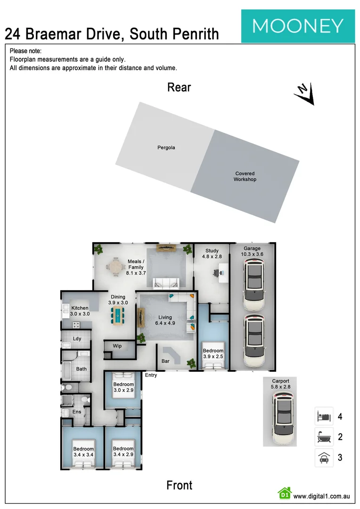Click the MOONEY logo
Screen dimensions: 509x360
coord(298,25)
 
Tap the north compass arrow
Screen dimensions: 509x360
coord(304,93)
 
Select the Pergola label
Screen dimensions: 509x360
coord(166,148)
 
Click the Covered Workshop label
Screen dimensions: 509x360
coord(245,176)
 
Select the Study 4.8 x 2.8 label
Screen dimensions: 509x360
coord(212,254)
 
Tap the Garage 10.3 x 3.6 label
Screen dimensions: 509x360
coord(252,251)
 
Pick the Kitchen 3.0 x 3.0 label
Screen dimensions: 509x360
coord(80,311)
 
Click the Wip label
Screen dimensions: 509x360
coord(117,346)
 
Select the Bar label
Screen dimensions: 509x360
coord(165,361)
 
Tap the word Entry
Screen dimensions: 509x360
coord(151,375)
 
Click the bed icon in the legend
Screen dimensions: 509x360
coord(324,417)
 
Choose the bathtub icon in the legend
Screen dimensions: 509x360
coord(324,437)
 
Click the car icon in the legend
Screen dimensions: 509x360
coord(324,458)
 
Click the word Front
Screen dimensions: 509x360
coord(179,485)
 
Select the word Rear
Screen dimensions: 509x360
coord(179,87)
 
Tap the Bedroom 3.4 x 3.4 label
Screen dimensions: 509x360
coord(83,452)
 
